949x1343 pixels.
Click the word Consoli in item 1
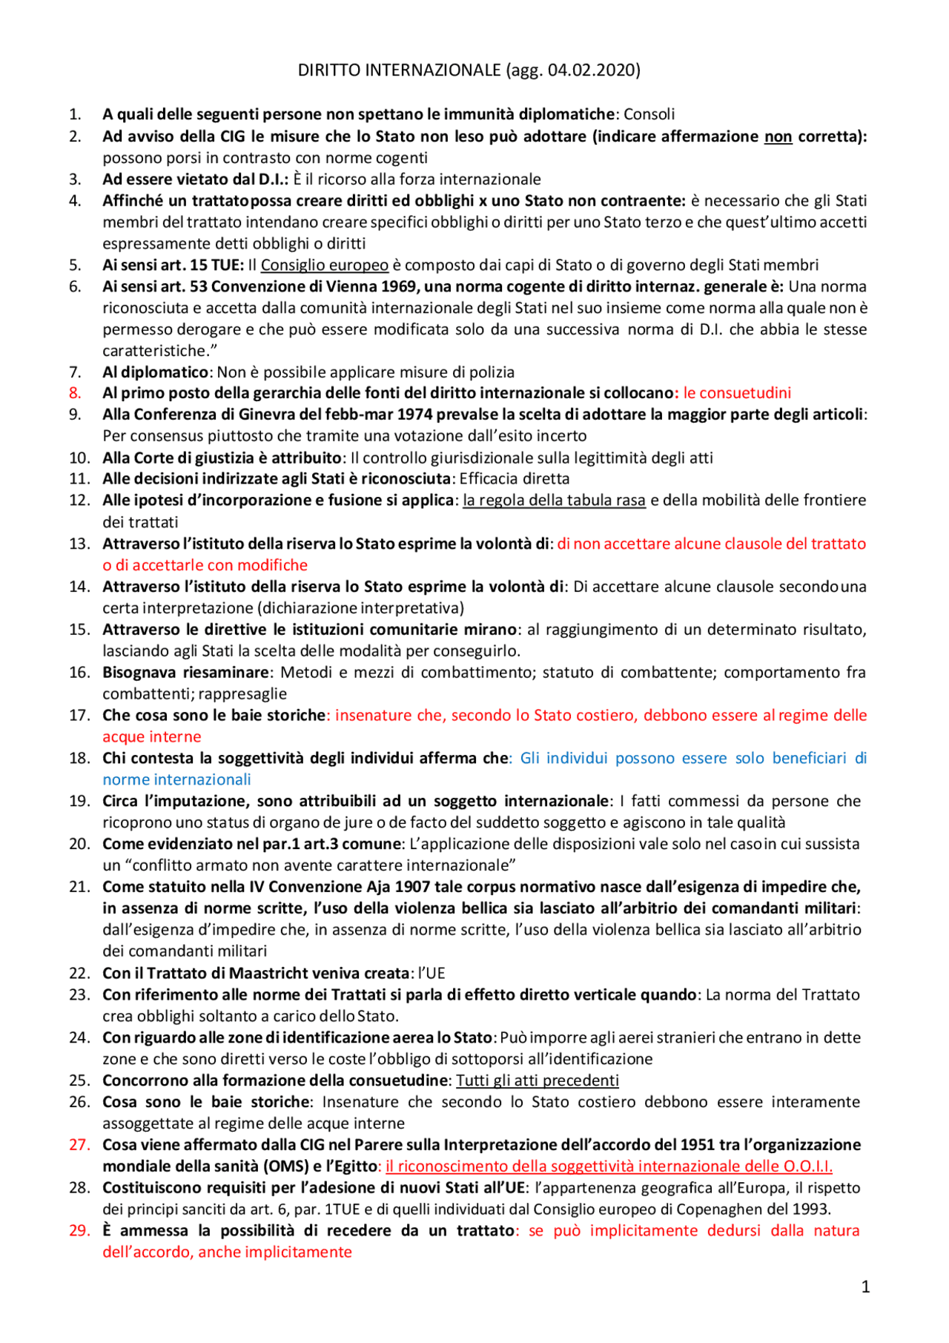click(649, 114)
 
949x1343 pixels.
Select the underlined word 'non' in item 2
click(778, 136)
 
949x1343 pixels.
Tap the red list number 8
click(75, 393)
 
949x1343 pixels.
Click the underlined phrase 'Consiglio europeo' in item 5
click(324, 265)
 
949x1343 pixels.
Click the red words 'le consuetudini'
click(737, 393)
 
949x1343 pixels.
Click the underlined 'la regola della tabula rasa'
click(554, 501)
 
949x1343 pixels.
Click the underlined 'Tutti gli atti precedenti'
click(537, 1080)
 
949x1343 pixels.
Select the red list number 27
click(79, 1145)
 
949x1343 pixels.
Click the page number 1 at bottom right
click(865, 1287)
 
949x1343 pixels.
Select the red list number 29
click(79, 1231)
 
